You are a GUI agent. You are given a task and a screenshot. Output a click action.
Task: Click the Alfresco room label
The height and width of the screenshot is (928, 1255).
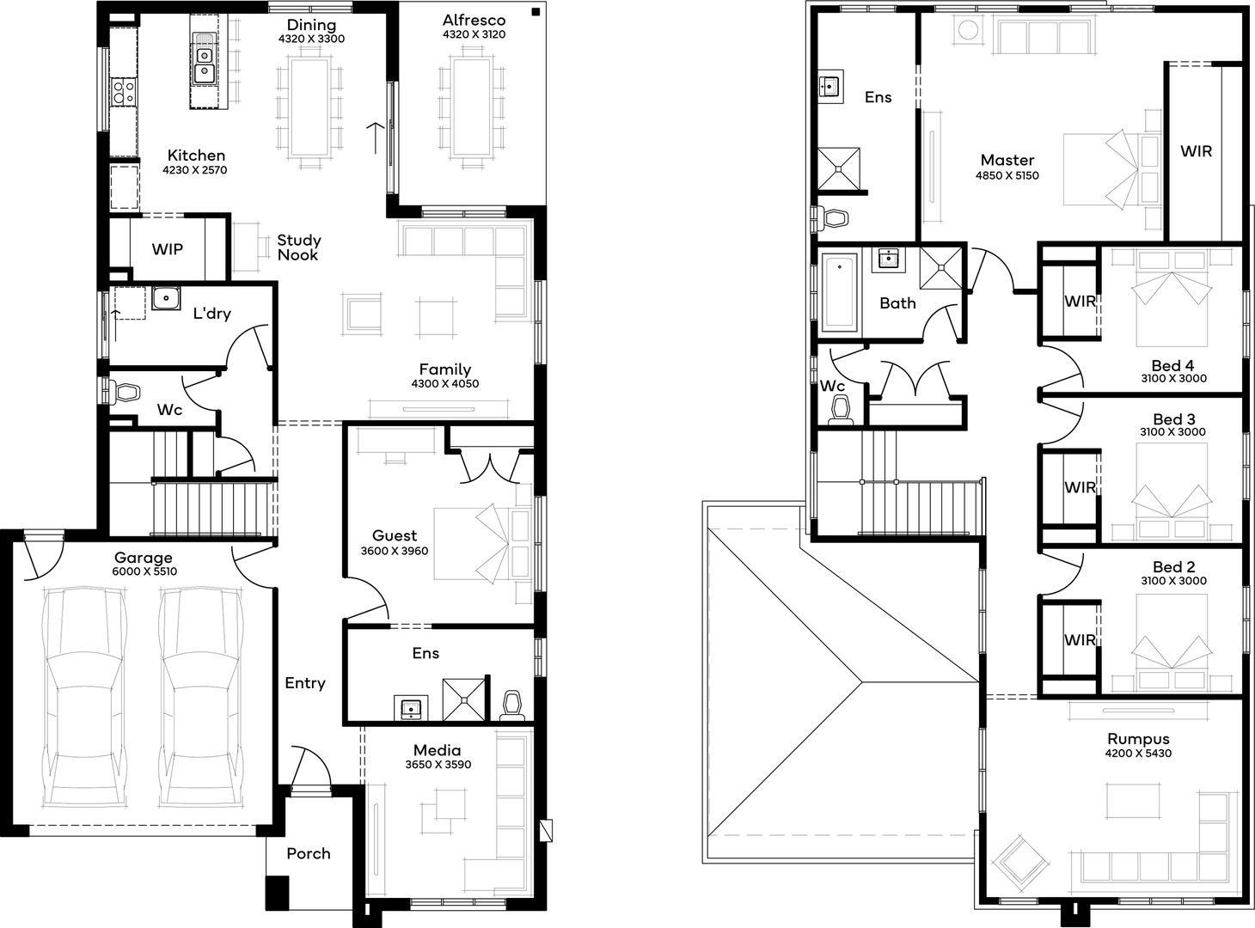click(474, 20)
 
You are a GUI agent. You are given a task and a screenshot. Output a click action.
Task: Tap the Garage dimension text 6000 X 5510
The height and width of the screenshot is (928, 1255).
click(144, 571)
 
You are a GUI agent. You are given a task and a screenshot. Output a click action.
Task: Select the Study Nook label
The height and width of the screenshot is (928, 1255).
click(298, 247)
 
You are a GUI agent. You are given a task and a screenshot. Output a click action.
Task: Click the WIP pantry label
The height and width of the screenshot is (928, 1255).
click(168, 249)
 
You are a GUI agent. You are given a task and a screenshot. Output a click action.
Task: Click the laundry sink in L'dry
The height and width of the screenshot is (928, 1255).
click(165, 298)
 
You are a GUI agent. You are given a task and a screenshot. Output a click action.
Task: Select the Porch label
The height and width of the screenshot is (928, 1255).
click(308, 853)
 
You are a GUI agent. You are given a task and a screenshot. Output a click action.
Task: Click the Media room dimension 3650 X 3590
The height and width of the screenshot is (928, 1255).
click(438, 765)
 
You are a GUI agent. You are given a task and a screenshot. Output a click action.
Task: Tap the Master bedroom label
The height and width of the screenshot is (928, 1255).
click(1007, 160)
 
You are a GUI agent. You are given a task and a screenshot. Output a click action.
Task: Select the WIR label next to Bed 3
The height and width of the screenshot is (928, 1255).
click(1080, 487)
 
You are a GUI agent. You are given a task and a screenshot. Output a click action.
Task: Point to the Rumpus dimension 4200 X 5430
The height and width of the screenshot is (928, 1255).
click(1138, 754)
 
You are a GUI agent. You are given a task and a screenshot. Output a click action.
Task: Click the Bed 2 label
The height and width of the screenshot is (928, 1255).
click(1173, 567)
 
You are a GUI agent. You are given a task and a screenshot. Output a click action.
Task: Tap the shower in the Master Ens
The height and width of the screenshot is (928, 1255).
click(838, 168)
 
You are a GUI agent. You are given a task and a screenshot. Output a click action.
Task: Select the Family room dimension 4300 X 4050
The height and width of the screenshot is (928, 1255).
click(444, 384)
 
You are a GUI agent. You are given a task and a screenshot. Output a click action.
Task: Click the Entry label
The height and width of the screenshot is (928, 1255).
click(305, 683)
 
